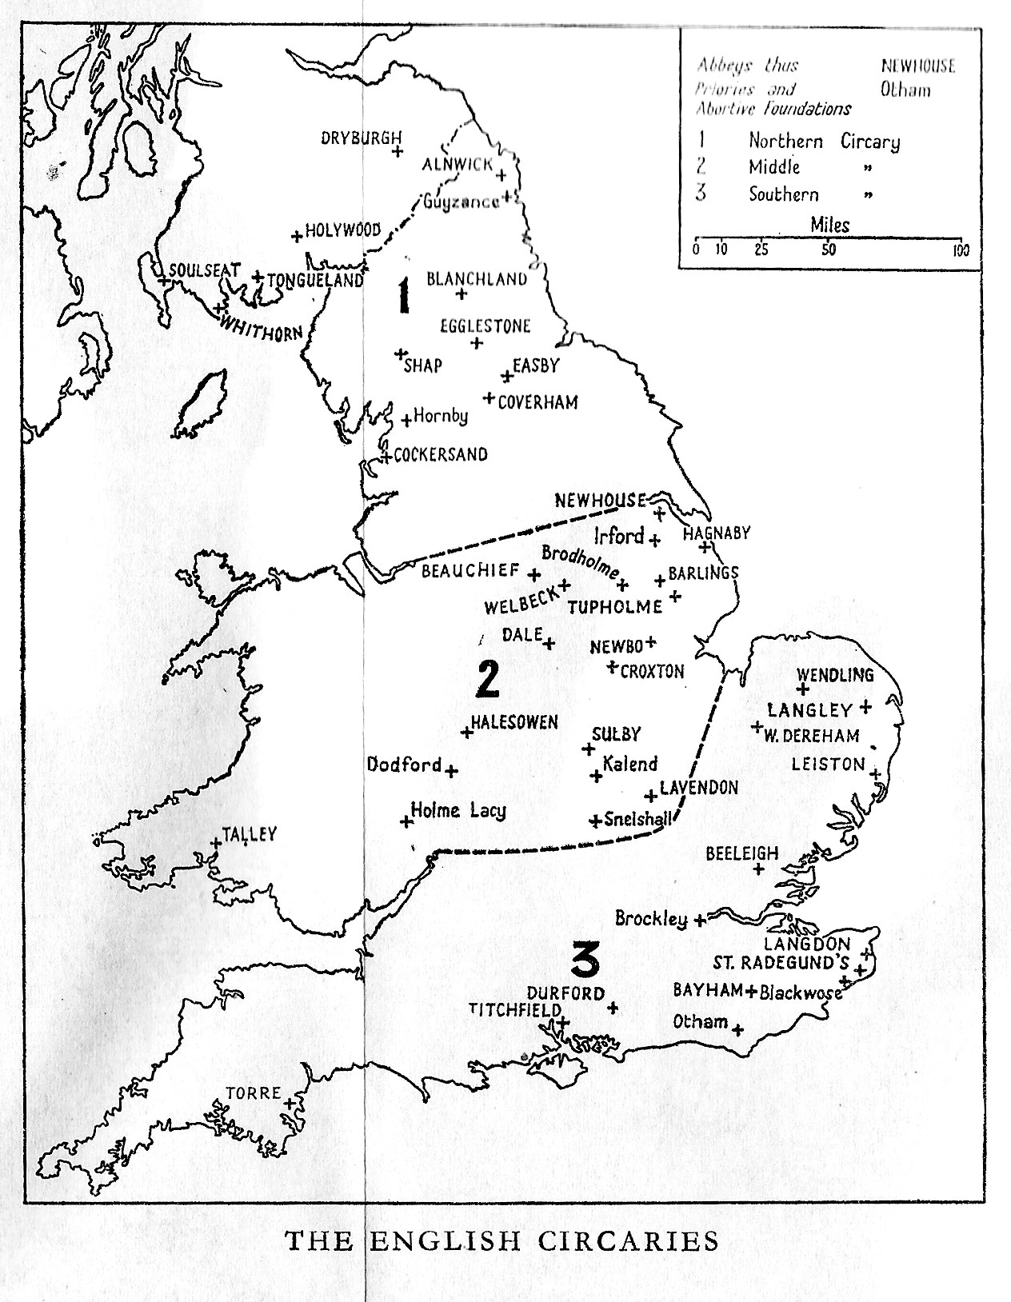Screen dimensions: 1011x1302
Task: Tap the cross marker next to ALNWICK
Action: [x=502, y=175]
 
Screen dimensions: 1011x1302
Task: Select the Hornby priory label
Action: [x=441, y=416]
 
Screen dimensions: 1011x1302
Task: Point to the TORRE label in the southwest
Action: [x=253, y=1092]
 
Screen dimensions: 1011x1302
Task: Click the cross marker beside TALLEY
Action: [x=215, y=842]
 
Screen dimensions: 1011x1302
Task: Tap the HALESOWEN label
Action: [x=514, y=721]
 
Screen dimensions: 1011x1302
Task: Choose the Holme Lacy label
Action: [x=458, y=810]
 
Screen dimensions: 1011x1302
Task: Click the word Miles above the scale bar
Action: [x=829, y=226]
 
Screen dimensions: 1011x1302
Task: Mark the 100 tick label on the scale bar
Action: [x=961, y=250]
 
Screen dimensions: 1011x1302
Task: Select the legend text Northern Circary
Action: [x=823, y=142]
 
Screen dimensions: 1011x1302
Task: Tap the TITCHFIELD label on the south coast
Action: [x=514, y=1010]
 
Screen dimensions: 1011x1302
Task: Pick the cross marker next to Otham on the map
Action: [x=737, y=1029]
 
